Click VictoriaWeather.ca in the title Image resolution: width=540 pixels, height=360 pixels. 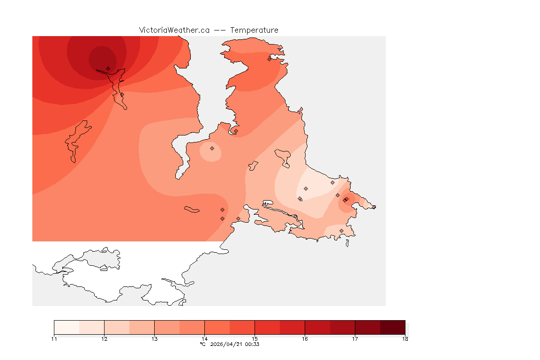[174, 30]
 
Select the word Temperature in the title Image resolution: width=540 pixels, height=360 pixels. [256, 30]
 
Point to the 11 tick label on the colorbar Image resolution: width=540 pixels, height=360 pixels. [54, 339]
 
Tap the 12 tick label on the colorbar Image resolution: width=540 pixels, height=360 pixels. [104, 339]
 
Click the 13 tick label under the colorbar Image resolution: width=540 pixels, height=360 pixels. [154, 339]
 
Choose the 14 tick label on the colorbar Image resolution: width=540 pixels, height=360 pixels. [204, 339]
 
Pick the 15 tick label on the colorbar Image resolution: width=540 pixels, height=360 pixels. [255, 339]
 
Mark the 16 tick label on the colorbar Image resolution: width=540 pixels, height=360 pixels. [305, 339]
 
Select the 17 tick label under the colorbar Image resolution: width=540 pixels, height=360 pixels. [355, 339]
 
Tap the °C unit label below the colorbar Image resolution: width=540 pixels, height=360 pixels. [202, 344]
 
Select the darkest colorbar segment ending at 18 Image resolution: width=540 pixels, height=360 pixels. [392, 327]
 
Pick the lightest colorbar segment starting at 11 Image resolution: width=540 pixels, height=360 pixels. [67, 327]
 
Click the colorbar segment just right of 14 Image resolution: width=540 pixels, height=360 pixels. [217, 327]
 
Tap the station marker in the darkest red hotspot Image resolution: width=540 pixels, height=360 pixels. [108, 68]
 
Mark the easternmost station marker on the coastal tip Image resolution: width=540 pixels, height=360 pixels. [374, 207]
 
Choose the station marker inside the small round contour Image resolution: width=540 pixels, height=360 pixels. [212, 148]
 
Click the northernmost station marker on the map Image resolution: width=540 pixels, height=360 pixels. [269, 59]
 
